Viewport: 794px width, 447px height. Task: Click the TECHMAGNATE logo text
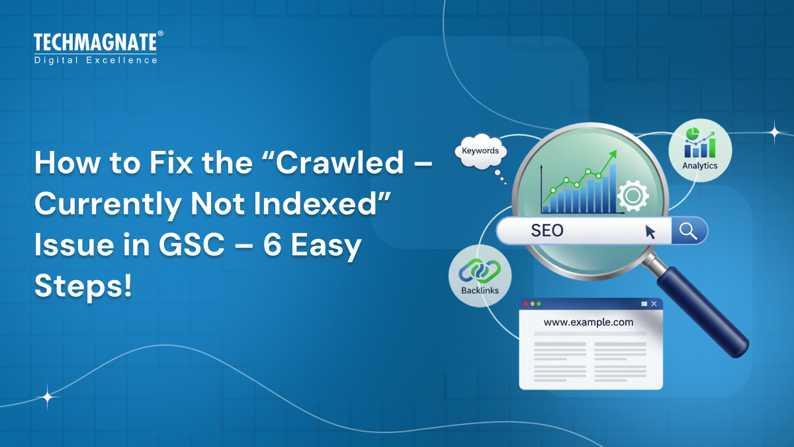point(95,43)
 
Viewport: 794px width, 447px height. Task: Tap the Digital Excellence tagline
point(95,60)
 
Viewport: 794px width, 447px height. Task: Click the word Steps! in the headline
point(83,288)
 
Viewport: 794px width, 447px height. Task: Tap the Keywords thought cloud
point(480,152)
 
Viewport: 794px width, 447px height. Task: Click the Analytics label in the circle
point(699,166)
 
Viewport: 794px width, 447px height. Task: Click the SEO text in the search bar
point(547,231)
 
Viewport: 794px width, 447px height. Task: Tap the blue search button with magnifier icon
point(689,231)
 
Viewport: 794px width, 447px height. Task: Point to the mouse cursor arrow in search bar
point(650,232)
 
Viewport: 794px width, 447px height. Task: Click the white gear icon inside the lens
point(632,195)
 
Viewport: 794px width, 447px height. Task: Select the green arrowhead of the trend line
point(612,154)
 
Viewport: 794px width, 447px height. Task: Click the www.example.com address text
point(588,323)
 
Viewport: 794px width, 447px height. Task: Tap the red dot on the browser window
point(526,304)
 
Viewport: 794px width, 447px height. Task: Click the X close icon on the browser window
point(654,304)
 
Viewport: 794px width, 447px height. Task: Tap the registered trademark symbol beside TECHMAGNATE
point(160,34)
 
